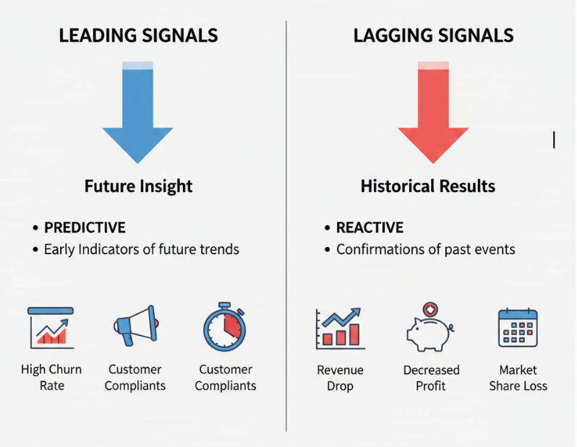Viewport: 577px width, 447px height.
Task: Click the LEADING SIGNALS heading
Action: pyautogui.click(x=138, y=35)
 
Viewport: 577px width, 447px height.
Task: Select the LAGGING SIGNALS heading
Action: pyautogui.click(x=433, y=35)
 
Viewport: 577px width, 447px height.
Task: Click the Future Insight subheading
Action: pyautogui.click(x=138, y=186)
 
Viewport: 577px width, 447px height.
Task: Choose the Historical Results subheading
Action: pyautogui.click(x=428, y=186)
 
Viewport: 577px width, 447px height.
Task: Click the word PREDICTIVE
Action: pyautogui.click(x=85, y=228)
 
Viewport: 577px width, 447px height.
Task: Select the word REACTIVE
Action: pyautogui.click(x=370, y=228)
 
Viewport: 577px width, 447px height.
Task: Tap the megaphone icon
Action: pyautogui.click(x=135, y=326)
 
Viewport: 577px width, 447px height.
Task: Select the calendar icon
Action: pyautogui.click(x=518, y=329)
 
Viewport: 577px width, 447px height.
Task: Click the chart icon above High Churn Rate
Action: pyautogui.click(x=50, y=327)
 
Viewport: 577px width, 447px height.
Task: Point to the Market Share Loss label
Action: pyautogui.click(x=518, y=378)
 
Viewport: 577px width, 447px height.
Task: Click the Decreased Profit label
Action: pyautogui.click(x=431, y=378)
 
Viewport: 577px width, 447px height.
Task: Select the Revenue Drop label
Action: pyautogui.click(x=340, y=378)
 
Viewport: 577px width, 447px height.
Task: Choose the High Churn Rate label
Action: pyautogui.click(x=51, y=377)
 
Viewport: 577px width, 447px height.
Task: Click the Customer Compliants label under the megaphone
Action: pyautogui.click(x=135, y=377)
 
